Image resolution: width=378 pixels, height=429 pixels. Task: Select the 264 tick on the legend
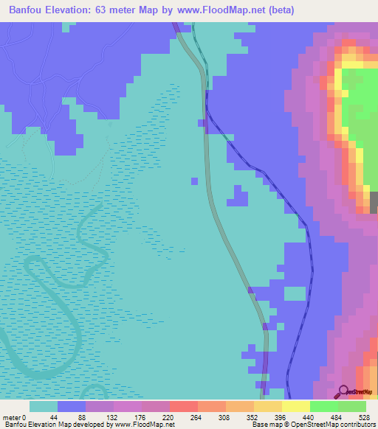pos(198,417)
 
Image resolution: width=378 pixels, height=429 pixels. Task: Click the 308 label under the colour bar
pos(226,417)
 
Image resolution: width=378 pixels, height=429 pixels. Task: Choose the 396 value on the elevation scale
pos(282,417)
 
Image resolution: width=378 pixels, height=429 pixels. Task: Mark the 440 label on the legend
pos(310,417)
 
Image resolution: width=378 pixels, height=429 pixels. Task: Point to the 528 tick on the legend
pos(364,417)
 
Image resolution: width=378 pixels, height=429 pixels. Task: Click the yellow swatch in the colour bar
pos(296,406)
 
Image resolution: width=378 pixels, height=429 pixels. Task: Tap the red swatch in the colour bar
pos(184,406)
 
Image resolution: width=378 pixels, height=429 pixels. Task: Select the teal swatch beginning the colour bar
pos(44,406)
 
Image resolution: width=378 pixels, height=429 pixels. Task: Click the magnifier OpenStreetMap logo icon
pos(343,391)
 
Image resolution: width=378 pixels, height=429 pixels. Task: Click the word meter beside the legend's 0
pos(13,417)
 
